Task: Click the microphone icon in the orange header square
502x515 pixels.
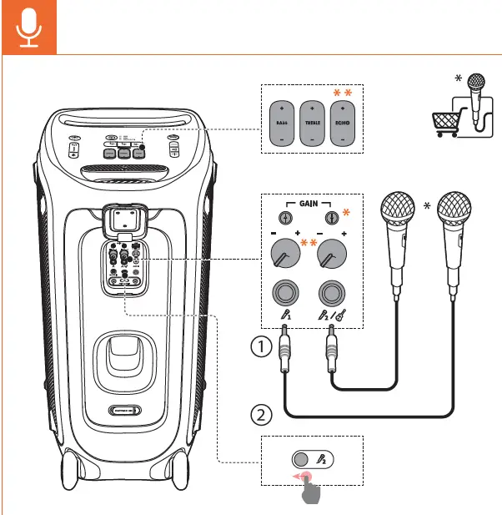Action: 29,28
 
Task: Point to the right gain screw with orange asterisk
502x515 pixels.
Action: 331,218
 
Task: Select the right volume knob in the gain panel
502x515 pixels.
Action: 331,253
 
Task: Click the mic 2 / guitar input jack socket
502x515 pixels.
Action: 331,294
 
